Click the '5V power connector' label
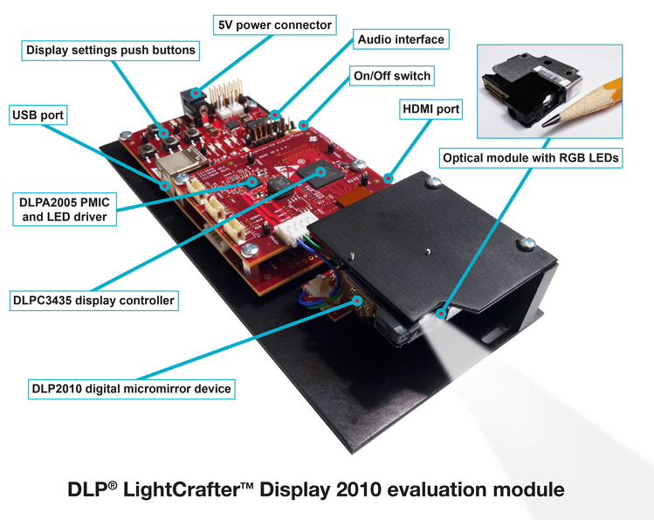tap(274, 24)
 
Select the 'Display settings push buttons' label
tap(111, 50)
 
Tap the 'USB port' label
tap(38, 114)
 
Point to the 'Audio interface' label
tap(401, 39)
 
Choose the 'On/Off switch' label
tap(391, 76)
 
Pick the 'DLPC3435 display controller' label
tap(93, 301)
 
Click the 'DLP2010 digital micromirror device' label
tap(130, 388)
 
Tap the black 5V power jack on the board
tap(190, 95)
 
